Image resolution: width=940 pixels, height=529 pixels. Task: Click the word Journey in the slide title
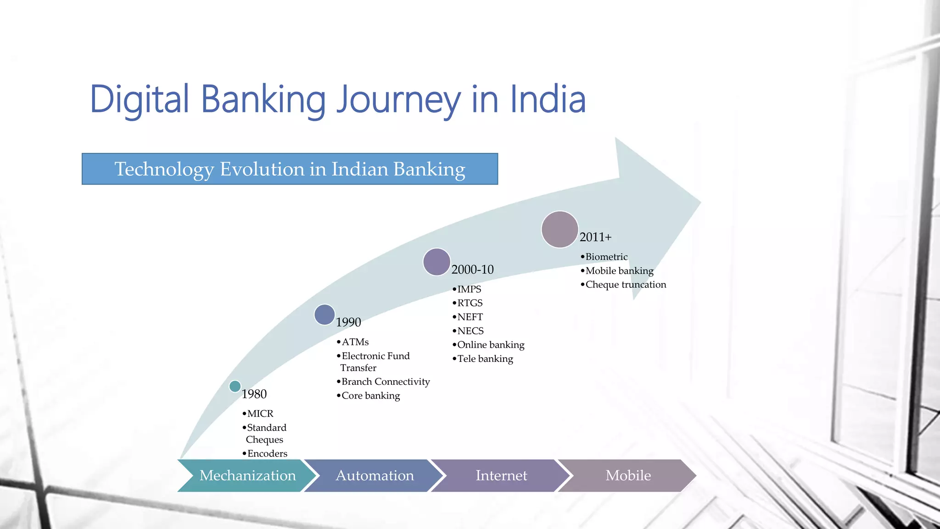[x=398, y=100]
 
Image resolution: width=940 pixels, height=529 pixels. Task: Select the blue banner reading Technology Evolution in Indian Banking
[x=290, y=169]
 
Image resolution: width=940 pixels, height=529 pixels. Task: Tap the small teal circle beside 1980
[x=235, y=386]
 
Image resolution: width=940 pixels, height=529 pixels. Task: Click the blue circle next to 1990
[x=325, y=315]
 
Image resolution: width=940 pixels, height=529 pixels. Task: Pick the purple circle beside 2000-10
[x=436, y=262]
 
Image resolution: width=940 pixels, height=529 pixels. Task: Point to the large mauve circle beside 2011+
[x=560, y=230]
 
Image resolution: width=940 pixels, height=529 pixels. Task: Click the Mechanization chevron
[x=247, y=475]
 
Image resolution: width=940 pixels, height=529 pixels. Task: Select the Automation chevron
[x=375, y=475]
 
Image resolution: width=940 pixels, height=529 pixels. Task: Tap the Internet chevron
[x=501, y=475]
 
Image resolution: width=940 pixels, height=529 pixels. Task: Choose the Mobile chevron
[x=628, y=475]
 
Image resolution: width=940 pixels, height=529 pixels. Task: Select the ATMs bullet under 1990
[x=355, y=342]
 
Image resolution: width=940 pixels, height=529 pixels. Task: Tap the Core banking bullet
[x=370, y=395]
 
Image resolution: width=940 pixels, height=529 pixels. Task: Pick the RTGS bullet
[x=470, y=303]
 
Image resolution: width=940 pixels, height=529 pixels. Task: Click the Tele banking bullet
[x=485, y=359]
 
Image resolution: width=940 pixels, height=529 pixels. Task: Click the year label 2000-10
[x=472, y=270]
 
